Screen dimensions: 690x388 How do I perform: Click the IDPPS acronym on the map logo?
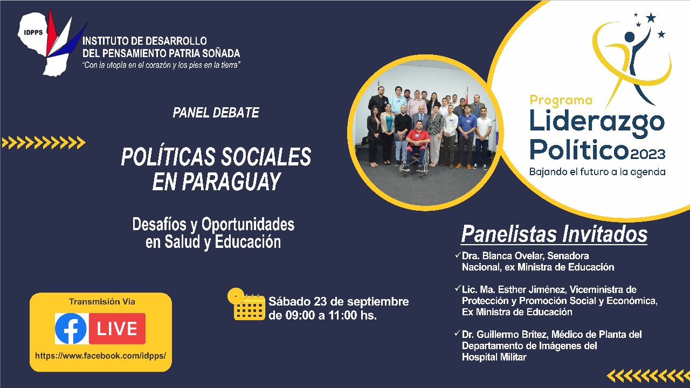(33, 32)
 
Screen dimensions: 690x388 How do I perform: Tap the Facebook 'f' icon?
(71, 329)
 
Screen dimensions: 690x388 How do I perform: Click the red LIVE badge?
(117, 329)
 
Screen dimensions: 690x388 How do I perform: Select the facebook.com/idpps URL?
(100, 356)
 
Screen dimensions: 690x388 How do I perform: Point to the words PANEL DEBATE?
(216, 113)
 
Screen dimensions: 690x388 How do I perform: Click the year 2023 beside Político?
(648, 154)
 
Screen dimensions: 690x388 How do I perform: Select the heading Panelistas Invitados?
(554, 234)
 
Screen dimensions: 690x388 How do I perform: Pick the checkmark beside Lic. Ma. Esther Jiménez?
(458, 288)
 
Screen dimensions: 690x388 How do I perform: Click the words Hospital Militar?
(494, 357)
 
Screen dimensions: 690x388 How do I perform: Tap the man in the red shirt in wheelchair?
(417, 145)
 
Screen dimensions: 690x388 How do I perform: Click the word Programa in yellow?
(561, 101)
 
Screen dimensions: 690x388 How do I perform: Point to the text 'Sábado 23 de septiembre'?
(339, 301)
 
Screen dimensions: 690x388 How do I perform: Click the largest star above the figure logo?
(651, 18)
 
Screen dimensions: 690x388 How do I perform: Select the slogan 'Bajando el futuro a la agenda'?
(597, 172)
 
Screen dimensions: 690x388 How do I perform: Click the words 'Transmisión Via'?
(102, 302)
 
